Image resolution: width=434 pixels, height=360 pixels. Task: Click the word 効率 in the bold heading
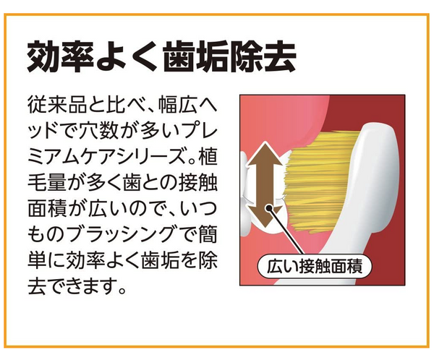pyautogui.click(x=60, y=56)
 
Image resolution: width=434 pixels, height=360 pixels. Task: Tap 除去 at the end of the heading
pyautogui.click(x=263, y=56)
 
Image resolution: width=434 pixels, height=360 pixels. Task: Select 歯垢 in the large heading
pyautogui.click(x=196, y=56)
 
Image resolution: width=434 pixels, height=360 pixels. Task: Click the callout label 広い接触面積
pyautogui.click(x=315, y=267)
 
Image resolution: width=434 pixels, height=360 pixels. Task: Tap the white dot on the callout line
pyautogui.click(x=268, y=207)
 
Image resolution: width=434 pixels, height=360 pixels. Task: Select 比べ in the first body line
pyautogui.click(x=126, y=105)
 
